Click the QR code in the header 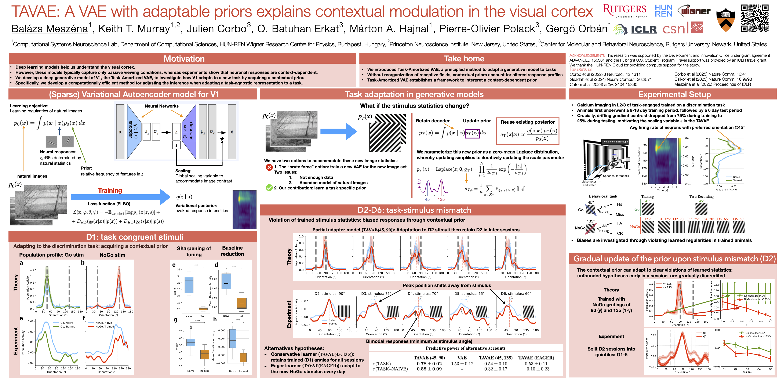coord(754,18)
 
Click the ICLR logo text coord(644,29)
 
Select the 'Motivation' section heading coord(184,58)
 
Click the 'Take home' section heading coord(464,58)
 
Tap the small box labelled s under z coord(176,145)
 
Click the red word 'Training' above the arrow coord(110,190)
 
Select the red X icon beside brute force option coord(269,167)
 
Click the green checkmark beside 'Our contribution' coord(269,188)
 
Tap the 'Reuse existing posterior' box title coord(527,122)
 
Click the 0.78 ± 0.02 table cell coord(429,364)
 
